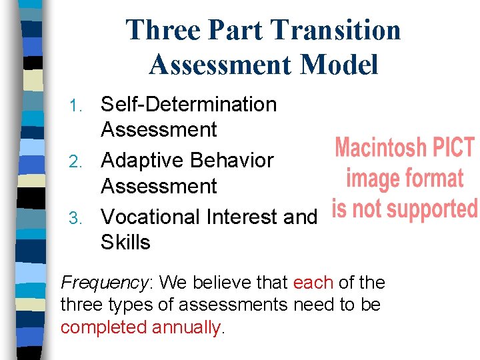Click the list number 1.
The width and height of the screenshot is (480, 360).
pyautogui.click(x=77, y=105)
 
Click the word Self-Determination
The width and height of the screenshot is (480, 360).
pyautogui.click(x=188, y=105)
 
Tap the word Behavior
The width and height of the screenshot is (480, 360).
pyautogui.click(x=231, y=161)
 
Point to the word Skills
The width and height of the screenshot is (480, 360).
pyautogui.click(x=125, y=243)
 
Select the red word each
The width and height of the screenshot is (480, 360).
pyautogui.click(x=313, y=283)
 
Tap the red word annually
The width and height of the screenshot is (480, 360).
pyautogui.click(x=186, y=328)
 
